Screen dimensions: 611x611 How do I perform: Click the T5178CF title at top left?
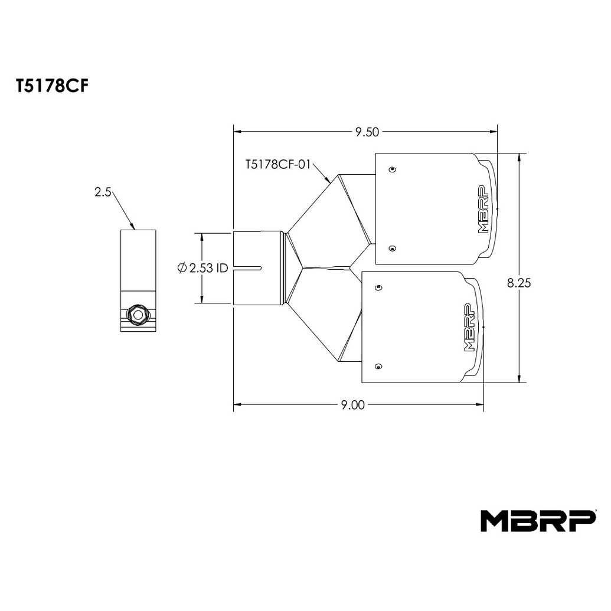coord(52,87)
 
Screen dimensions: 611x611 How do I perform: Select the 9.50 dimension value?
coord(367,132)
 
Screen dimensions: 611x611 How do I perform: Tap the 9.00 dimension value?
coord(352,405)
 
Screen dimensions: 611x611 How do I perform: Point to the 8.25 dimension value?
coord(519,283)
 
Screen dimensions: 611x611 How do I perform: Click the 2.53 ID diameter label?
coord(202,268)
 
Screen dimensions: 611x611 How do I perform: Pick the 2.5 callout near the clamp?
coord(103,192)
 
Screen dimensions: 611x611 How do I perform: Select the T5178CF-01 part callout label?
coord(278,165)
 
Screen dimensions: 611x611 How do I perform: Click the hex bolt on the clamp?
coord(138,314)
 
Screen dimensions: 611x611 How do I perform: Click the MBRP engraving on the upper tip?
coord(483,209)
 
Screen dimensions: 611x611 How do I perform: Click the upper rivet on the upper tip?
coord(393,169)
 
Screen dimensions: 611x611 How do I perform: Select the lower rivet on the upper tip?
coord(393,248)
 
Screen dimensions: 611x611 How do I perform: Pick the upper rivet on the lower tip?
coord(378,288)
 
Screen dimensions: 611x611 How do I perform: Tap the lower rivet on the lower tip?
coord(378,366)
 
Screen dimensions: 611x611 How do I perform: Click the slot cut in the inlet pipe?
coord(247,268)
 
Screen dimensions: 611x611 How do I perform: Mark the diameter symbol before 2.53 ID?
coord(182,268)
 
